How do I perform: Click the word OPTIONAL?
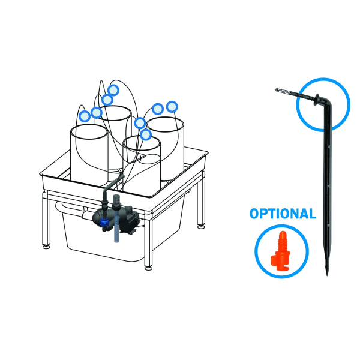tap(282, 214)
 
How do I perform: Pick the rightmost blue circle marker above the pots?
tap(172, 106)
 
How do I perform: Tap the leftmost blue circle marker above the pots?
tap(85, 115)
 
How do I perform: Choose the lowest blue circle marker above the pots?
tap(145, 134)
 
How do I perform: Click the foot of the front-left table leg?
tap(46, 245)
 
